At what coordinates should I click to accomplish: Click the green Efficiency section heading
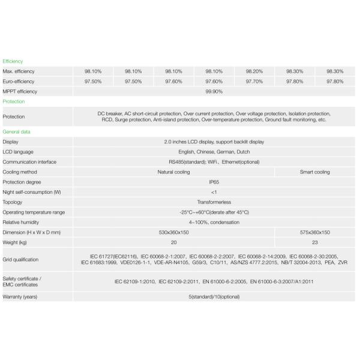(x=13, y=61)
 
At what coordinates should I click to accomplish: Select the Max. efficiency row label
(x=19, y=71)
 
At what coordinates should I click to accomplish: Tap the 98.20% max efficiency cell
(x=254, y=71)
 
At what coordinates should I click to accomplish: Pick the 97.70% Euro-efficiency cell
(x=254, y=82)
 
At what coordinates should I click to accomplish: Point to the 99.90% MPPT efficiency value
(x=214, y=92)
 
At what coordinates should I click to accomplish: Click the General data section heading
(x=17, y=131)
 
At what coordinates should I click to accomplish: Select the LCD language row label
(x=18, y=152)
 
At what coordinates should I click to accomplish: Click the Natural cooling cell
(x=173, y=172)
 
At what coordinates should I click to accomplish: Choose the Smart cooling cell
(x=314, y=172)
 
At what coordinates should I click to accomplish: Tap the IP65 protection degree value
(x=214, y=182)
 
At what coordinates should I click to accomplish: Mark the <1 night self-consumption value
(x=214, y=192)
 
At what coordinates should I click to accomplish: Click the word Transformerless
(x=214, y=202)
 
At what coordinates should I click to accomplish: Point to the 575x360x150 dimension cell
(x=314, y=232)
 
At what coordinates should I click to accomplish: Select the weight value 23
(x=314, y=242)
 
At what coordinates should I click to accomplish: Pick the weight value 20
(x=173, y=242)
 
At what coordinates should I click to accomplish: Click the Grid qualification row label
(x=20, y=260)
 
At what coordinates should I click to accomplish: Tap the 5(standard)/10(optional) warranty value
(x=214, y=297)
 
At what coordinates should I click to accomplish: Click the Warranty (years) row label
(x=22, y=297)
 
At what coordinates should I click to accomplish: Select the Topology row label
(x=13, y=202)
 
